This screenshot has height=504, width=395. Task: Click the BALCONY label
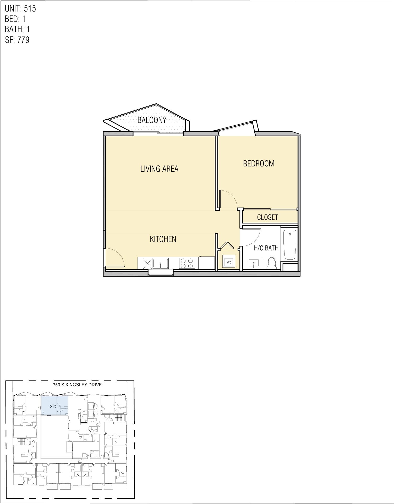(x=152, y=120)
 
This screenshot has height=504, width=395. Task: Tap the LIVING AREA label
(x=159, y=169)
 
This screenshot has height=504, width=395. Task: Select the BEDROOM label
(x=259, y=164)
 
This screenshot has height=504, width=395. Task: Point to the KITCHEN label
(x=163, y=239)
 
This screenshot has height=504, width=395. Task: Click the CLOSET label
(x=267, y=217)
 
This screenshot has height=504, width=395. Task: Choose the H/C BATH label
(x=266, y=248)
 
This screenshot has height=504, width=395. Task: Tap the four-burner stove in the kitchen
(x=187, y=263)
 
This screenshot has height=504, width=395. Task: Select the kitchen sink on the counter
(x=161, y=263)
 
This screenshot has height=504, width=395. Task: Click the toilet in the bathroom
(x=272, y=263)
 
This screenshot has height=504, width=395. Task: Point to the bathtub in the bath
(x=290, y=244)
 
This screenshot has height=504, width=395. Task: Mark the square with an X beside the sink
(x=147, y=264)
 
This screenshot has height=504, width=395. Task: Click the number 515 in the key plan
(x=53, y=406)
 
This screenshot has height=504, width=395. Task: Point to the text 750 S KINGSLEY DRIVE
(x=77, y=385)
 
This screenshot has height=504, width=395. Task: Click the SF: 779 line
(x=17, y=40)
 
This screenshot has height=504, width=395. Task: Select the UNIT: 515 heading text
(x=20, y=9)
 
